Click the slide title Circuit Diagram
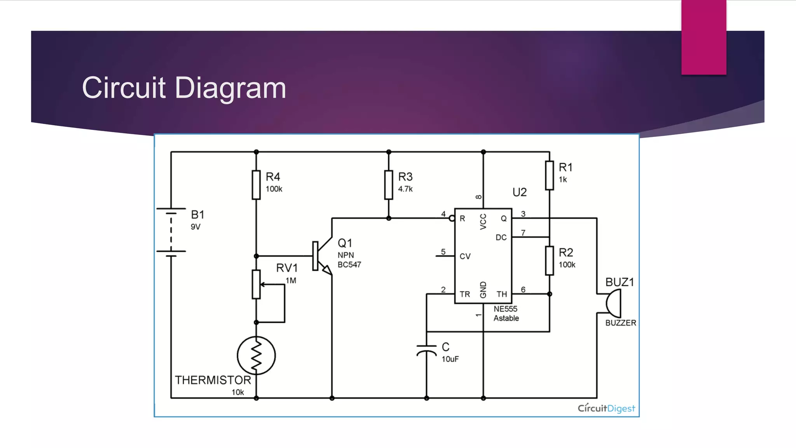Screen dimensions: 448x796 tap(184, 88)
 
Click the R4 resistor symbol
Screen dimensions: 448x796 tap(256, 185)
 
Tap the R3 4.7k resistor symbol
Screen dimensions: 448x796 tap(389, 185)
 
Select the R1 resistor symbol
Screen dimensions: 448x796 tap(549, 175)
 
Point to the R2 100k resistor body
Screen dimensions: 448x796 tap(549, 261)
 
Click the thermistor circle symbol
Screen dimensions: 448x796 tap(256, 355)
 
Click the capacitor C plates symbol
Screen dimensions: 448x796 tap(426, 350)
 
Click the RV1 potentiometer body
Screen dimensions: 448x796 tap(256, 284)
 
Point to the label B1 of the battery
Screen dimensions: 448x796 tap(197, 215)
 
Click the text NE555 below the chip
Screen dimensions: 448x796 tap(505, 309)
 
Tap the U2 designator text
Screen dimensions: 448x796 tap(519, 192)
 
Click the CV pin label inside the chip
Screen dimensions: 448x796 tap(465, 256)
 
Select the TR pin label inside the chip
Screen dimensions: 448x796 tap(464, 294)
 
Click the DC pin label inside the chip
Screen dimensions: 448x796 tap(501, 237)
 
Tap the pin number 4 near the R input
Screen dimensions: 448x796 tap(443, 214)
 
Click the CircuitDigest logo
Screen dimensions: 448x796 tap(606, 408)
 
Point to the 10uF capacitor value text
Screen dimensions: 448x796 tap(450, 359)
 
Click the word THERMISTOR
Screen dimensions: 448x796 tap(213, 380)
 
